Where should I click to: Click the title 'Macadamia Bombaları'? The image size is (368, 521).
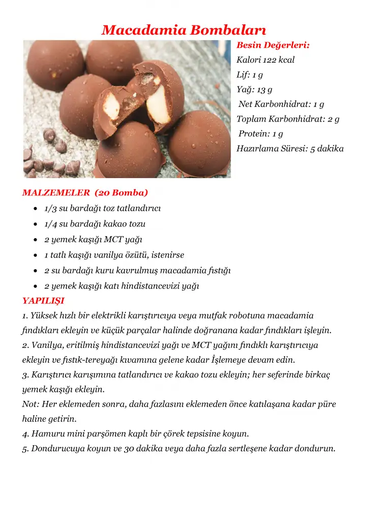184,30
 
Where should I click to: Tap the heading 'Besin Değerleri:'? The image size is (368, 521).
273,45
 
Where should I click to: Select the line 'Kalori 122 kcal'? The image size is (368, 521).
265,60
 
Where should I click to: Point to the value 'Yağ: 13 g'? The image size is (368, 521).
254,90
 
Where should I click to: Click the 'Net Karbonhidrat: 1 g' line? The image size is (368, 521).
281,104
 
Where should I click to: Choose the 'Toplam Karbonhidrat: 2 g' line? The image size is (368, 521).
288,119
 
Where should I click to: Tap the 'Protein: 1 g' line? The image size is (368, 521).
261,134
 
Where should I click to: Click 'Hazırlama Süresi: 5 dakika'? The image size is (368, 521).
290,149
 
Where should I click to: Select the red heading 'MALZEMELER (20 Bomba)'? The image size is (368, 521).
85,193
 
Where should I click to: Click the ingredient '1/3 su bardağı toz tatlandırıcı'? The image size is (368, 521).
103,209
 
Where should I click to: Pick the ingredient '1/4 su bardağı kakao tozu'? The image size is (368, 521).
95,224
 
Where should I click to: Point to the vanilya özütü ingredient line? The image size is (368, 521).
114,255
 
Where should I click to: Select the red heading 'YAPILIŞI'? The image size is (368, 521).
43,301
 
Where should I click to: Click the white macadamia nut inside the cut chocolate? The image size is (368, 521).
158,104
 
